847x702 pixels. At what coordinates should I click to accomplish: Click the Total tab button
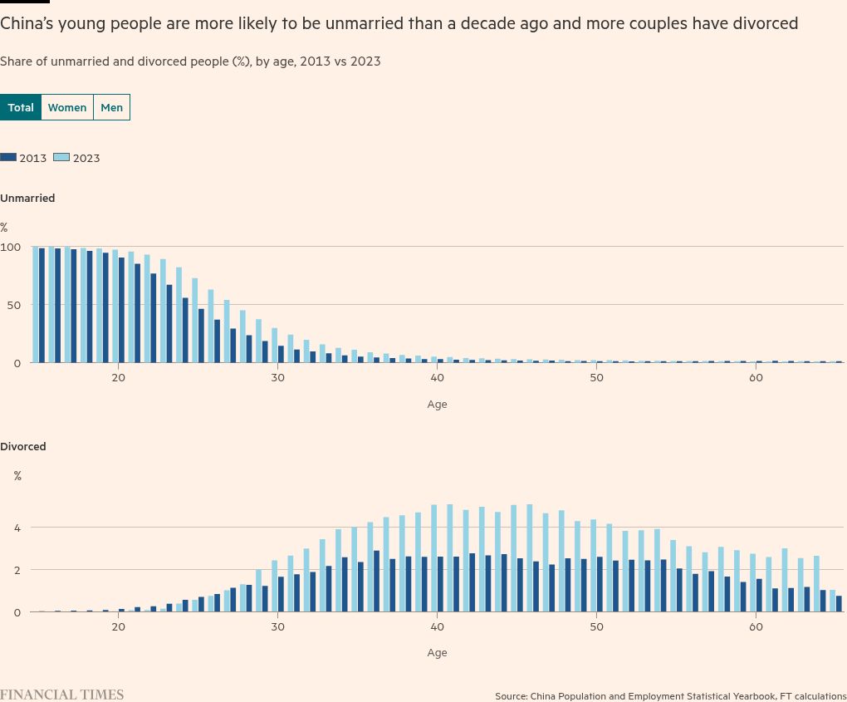[x=21, y=107]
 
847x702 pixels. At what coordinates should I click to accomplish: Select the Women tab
[x=67, y=107]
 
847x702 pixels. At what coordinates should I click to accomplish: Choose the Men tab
[x=111, y=107]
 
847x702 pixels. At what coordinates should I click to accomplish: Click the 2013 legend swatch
[x=8, y=157]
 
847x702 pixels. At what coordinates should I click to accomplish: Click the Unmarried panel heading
[x=27, y=198]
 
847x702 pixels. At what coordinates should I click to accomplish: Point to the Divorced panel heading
[x=23, y=446]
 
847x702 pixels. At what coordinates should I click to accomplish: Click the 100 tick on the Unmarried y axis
[x=10, y=247]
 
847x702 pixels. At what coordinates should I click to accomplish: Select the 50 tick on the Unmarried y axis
[x=13, y=305]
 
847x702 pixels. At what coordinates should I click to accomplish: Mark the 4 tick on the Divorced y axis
[x=17, y=527]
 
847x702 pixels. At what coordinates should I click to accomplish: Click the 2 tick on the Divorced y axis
[x=17, y=570]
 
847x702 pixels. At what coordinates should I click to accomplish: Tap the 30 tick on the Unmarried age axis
[x=277, y=378]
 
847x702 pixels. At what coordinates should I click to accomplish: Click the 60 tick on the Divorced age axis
[x=756, y=626]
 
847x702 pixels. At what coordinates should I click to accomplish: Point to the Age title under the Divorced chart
[x=437, y=652]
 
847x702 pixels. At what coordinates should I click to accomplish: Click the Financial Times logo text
[x=61, y=695]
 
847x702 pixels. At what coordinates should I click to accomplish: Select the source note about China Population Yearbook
[x=670, y=695]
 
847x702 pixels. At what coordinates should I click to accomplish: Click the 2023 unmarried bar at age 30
[x=275, y=345]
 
